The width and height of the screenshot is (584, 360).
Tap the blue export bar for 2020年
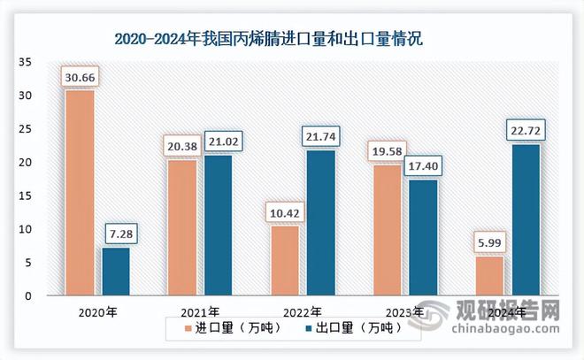click(x=115, y=271)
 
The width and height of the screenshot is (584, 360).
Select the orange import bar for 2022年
click(x=285, y=260)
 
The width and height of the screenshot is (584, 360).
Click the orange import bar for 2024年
click(x=490, y=275)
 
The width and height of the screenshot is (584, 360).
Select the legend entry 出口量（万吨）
click(x=348, y=327)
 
